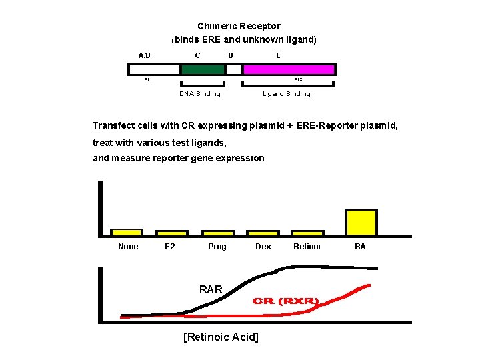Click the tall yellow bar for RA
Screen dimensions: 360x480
coord(361,223)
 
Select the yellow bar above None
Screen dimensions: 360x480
coord(127,233)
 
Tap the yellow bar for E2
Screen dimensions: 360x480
coord(171,233)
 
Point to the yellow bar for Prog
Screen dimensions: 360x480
coord(217,233)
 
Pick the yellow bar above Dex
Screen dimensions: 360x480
coord(263,233)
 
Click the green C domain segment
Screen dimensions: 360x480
coord(203,69)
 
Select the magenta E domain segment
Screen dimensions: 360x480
coord(289,69)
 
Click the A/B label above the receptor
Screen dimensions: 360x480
coord(144,55)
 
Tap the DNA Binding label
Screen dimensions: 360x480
coord(200,94)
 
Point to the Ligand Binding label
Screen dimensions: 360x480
coord(286,94)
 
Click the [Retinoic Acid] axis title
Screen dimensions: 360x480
coord(220,337)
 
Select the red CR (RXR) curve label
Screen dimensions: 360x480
coord(286,301)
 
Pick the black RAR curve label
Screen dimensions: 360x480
coord(211,289)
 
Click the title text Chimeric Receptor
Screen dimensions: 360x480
coord(239,27)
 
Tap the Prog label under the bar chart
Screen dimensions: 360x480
coord(217,247)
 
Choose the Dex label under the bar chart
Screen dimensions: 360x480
coord(263,247)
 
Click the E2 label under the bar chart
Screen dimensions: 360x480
coord(170,247)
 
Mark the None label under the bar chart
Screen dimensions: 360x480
coord(128,247)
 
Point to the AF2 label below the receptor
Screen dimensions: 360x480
coord(298,79)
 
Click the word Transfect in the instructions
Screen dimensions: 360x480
coord(113,126)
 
